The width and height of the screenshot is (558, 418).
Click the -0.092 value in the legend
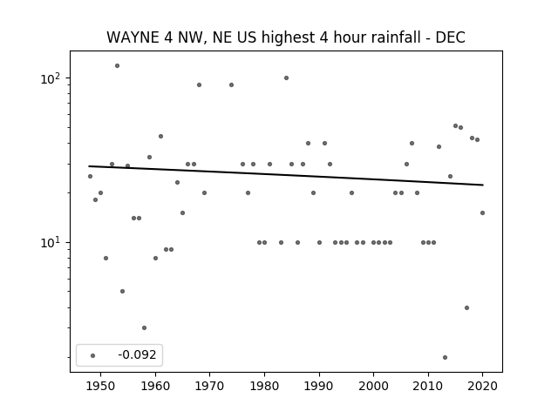click(137, 354)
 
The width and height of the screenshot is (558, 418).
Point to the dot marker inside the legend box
click(93, 355)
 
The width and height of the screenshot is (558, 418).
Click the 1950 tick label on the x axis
click(101, 386)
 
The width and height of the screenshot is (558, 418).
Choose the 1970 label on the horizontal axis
click(209, 386)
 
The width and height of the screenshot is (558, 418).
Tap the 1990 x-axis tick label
click(319, 386)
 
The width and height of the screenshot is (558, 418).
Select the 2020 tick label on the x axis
click(482, 386)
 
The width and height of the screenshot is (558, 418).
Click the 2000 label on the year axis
click(374, 386)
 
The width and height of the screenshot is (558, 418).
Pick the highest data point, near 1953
click(117, 66)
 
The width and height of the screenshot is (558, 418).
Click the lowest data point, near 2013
click(445, 357)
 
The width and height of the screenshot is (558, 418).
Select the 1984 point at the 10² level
click(286, 78)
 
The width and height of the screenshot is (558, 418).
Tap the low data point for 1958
click(144, 327)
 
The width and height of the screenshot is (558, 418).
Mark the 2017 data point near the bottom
click(466, 307)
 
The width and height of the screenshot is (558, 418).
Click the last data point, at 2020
click(482, 212)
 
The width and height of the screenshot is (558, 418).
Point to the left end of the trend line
click(89, 166)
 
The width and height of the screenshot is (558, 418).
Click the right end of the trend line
click(483, 185)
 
